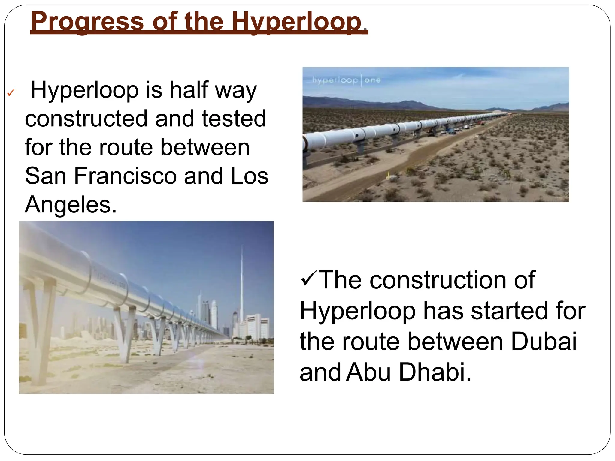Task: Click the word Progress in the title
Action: point(87,22)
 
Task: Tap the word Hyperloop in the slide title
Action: point(296,22)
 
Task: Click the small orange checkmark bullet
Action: point(11,93)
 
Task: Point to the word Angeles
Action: point(71,205)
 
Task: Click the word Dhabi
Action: point(435,372)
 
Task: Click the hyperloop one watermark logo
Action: point(346,80)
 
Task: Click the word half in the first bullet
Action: point(189,90)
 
